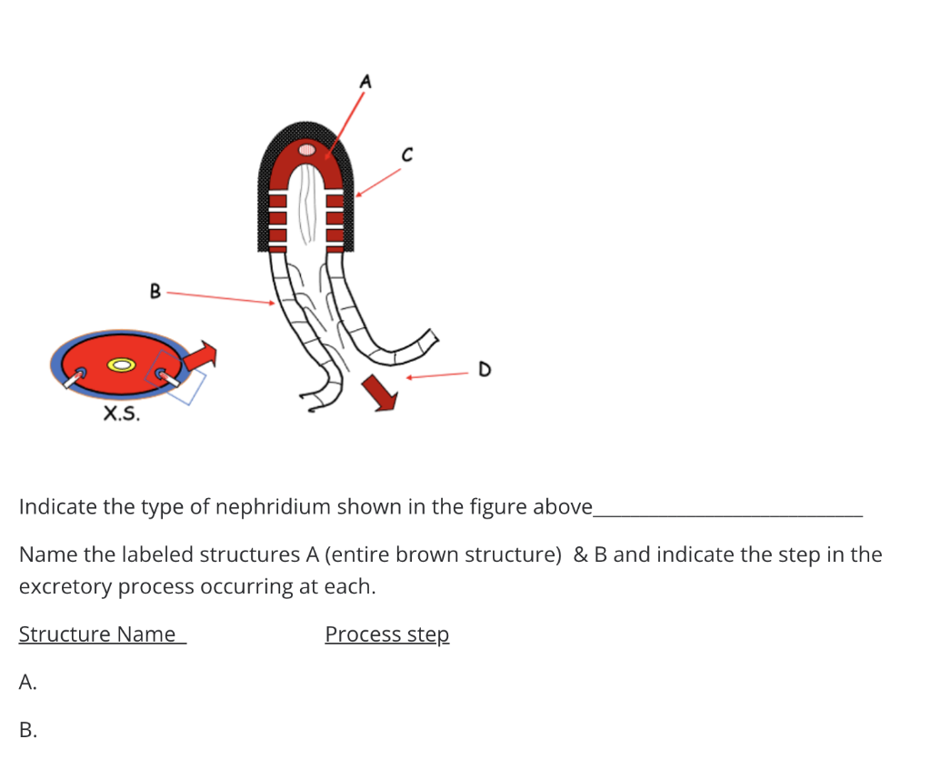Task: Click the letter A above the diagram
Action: coord(365,82)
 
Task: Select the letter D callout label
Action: coord(484,370)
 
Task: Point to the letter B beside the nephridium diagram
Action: coord(155,292)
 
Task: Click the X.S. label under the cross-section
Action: coord(122,414)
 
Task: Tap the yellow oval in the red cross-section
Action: coord(122,365)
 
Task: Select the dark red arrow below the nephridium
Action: coord(380,392)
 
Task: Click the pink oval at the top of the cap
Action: coord(307,148)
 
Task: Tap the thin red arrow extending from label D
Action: coord(436,375)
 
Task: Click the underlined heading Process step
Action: coord(386,634)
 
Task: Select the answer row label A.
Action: coord(27,682)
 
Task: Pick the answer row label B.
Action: coord(27,729)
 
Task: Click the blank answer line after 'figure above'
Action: coord(726,513)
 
